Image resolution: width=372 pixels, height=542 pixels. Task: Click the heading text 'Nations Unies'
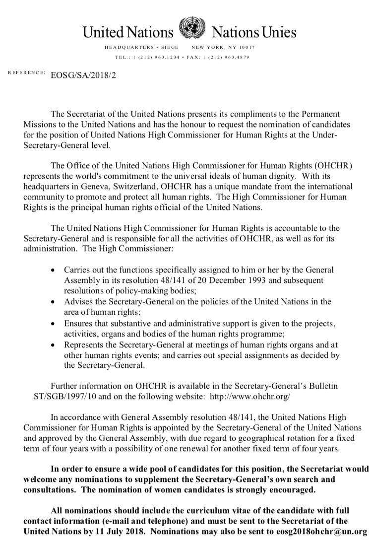[x=254, y=33]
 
